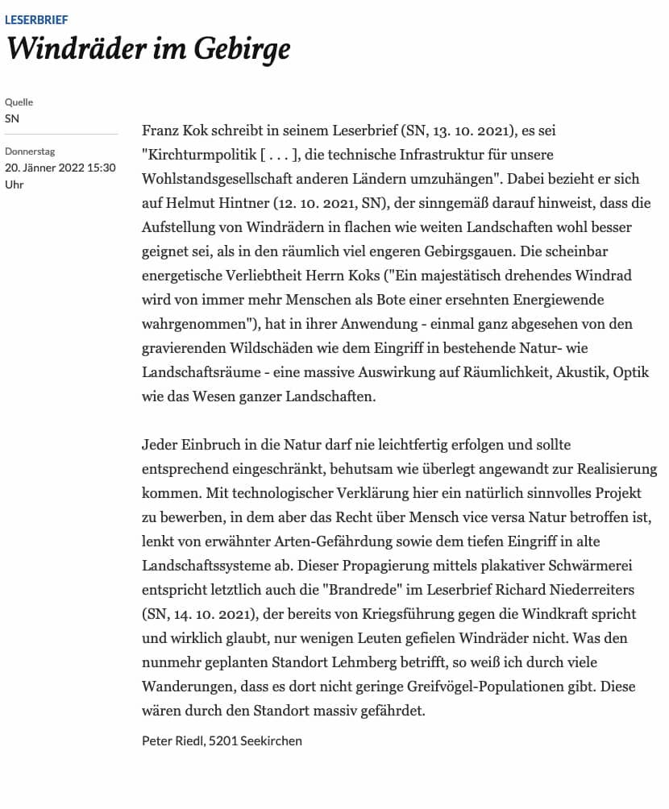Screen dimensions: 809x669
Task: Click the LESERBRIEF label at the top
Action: click(36, 19)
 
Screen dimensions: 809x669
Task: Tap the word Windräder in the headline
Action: click(73, 50)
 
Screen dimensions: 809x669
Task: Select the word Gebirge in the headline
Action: click(241, 50)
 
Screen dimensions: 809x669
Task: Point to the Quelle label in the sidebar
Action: click(19, 102)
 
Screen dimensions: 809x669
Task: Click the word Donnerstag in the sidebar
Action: click(30, 151)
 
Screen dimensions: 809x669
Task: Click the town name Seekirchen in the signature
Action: click(271, 740)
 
